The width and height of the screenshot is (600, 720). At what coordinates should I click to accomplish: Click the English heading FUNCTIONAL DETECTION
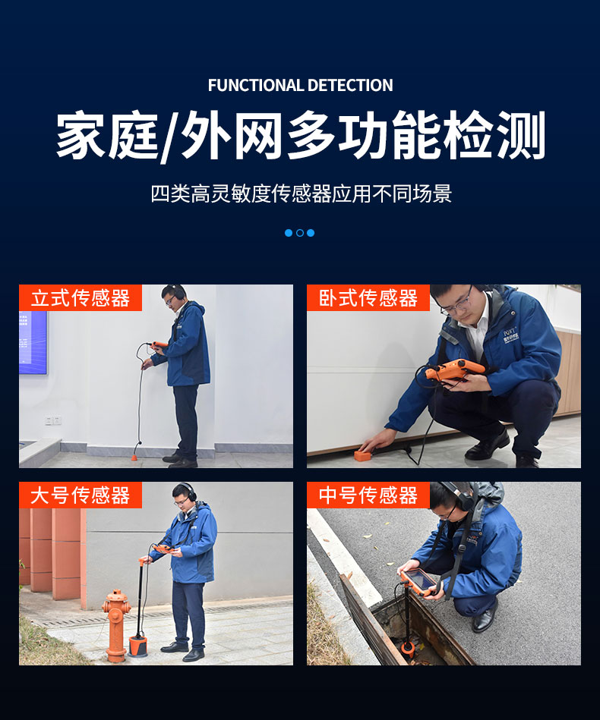(x=300, y=85)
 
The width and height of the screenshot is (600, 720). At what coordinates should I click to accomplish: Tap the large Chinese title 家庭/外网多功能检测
(x=300, y=137)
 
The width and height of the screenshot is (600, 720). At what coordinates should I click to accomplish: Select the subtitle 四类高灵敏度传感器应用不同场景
(x=300, y=193)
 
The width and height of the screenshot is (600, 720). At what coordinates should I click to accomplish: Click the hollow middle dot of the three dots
(x=300, y=233)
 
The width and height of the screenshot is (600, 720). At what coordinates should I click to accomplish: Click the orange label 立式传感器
(x=80, y=298)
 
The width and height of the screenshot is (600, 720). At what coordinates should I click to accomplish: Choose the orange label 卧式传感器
(x=368, y=298)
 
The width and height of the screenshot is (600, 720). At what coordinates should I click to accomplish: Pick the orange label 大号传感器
(x=80, y=495)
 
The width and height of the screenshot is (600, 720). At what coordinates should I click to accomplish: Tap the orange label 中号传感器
(x=368, y=495)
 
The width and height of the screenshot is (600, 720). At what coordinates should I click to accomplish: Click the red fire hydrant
(x=115, y=622)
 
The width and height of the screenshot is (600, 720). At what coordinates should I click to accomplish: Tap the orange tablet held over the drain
(x=419, y=580)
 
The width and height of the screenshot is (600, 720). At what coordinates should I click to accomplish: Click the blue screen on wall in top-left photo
(x=33, y=341)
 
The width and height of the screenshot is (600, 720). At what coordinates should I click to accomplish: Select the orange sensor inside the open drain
(x=408, y=646)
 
